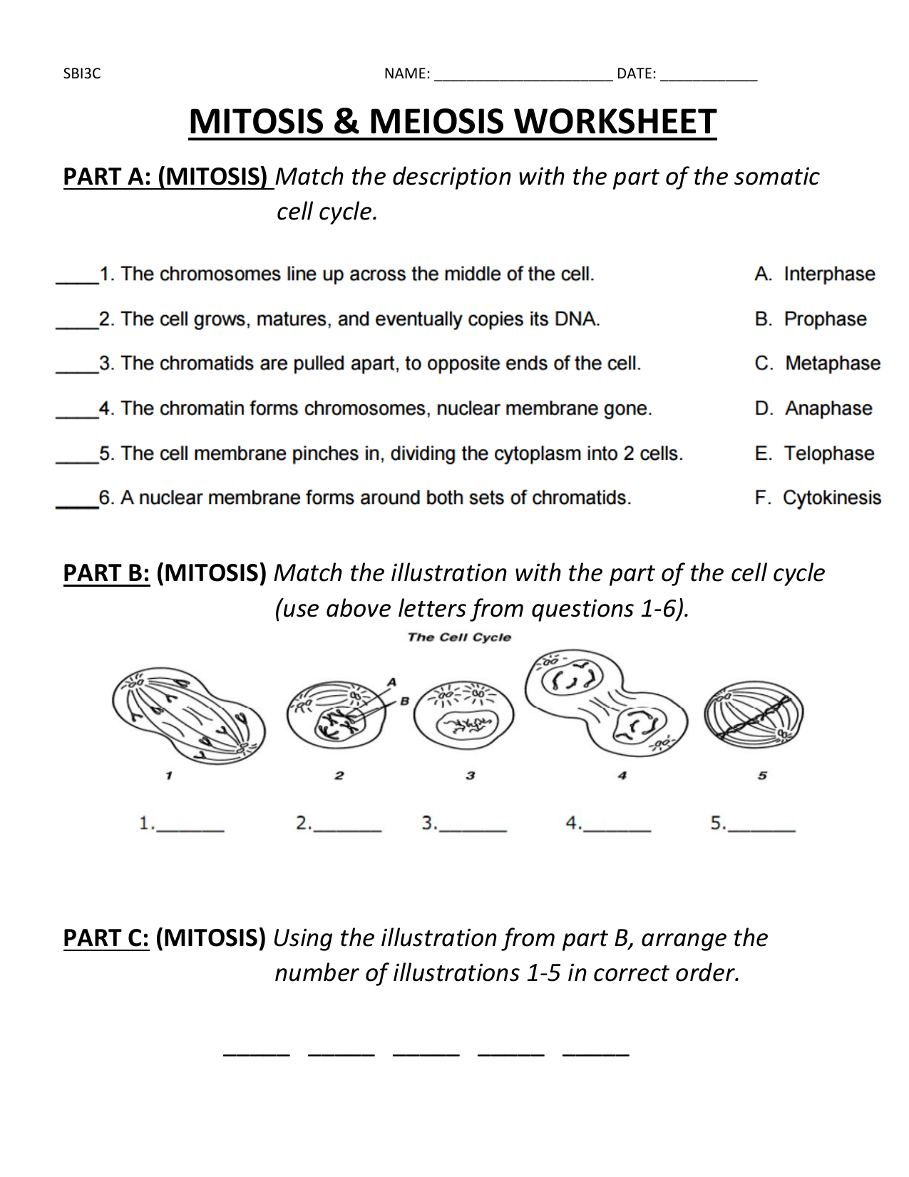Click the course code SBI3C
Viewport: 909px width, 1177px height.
pyautogui.click(x=82, y=73)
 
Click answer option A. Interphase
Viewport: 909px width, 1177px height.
pyautogui.click(x=815, y=274)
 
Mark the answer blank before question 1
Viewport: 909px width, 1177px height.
pyautogui.click(x=76, y=281)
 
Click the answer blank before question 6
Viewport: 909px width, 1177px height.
pyautogui.click(x=76, y=505)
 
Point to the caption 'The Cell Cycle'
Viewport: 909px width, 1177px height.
pyautogui.click(x=459, y=637)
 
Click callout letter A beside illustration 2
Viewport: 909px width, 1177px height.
pyautogui.click(x=391, y=682)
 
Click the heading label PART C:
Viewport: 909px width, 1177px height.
pyautogui.click(x=106, y=938)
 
